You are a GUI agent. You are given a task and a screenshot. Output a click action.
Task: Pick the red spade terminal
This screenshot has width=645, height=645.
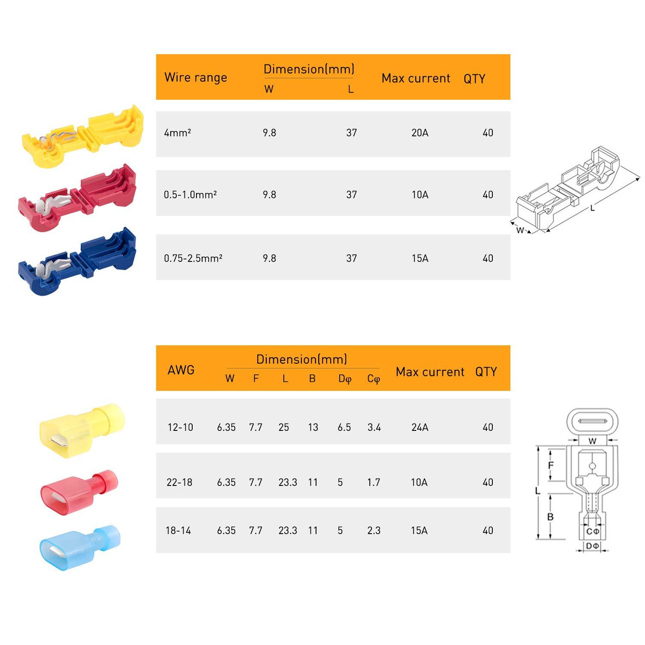[80, 490]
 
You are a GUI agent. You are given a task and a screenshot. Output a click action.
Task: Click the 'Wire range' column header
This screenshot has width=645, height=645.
[196, 77]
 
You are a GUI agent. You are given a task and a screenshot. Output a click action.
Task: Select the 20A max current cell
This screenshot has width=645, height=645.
[420, 133]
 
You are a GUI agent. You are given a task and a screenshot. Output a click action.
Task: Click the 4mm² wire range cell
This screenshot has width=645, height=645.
[177, 133]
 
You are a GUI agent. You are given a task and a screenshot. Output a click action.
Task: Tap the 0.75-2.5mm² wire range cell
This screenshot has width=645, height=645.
[193, 258]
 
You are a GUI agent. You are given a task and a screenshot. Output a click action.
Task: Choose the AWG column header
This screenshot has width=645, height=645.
[181, 370]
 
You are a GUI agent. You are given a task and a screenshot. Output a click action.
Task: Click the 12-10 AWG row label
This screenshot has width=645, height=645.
[180, 427]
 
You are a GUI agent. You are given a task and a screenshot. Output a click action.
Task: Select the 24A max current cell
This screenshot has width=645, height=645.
[420, 427]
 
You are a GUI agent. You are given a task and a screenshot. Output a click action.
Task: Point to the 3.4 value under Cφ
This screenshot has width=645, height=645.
[374, 427]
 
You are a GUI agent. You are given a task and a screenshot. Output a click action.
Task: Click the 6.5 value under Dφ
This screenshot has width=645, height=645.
[344, 427]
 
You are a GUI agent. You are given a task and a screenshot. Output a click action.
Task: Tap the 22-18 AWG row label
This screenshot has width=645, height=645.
[179, 482]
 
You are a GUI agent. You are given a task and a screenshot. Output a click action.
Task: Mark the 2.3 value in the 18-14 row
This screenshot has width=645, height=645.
[374, 531]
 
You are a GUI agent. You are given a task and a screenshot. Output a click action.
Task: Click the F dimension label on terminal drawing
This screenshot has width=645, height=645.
[551, 465]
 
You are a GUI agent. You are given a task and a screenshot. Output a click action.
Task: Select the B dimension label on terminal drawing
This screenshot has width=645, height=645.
[550, 517]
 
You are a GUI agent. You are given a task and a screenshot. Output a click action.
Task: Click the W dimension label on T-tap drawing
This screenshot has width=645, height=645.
[520, 230]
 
